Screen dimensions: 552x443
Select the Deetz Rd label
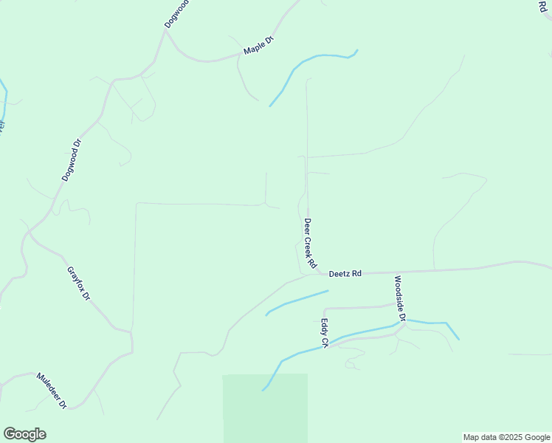[x=345, y=274]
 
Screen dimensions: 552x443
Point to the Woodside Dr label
[x=400, y=299]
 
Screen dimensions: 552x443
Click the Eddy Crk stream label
[x=323, y=332]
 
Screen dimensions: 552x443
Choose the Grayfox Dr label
[x=78, y=283]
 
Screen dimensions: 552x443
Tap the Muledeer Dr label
[x=52, y=390]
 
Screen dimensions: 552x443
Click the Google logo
[x=24, y=434]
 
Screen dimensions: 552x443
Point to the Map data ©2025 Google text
[x=506, y=437]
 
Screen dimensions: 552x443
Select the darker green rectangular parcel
[x=265, y=408]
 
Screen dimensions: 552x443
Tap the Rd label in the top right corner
[x=544, y=5]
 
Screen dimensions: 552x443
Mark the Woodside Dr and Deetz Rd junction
[x=396, y=272]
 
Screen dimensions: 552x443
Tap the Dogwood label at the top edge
[x=177, y=13]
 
